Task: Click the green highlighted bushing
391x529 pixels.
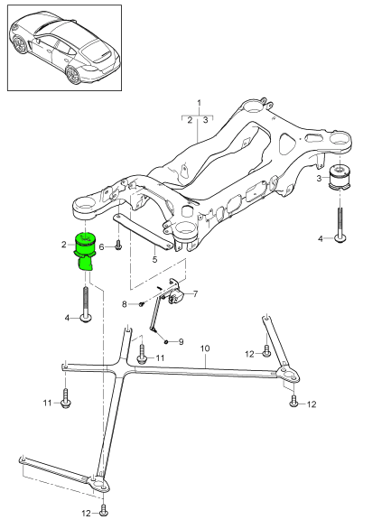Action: (x=87, y=248)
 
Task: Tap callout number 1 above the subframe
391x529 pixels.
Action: (x=200, y=105)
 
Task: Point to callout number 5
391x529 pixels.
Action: (x=154, y=260)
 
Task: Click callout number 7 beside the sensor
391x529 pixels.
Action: (x=195, y=293)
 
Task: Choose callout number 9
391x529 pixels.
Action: (x=181, y=341)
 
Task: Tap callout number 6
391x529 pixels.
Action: (x=102, y=246)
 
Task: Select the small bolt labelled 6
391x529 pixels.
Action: (x=117, y=246)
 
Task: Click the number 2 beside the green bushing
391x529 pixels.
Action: (x=64, y=245)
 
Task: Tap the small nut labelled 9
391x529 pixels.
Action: (x=167, y=340)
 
